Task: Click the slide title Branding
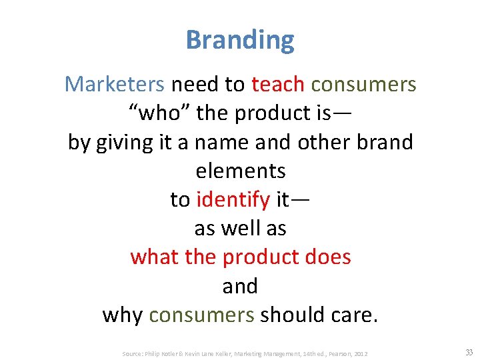[240, 40]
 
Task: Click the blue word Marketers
[114, 85]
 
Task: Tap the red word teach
[278, 85]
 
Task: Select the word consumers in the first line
[363, 85]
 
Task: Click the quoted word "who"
[159, 113]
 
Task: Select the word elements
[241, 171]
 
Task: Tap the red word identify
[233, 199]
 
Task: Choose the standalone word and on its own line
[240, 285]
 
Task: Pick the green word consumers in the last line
[201, 315]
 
